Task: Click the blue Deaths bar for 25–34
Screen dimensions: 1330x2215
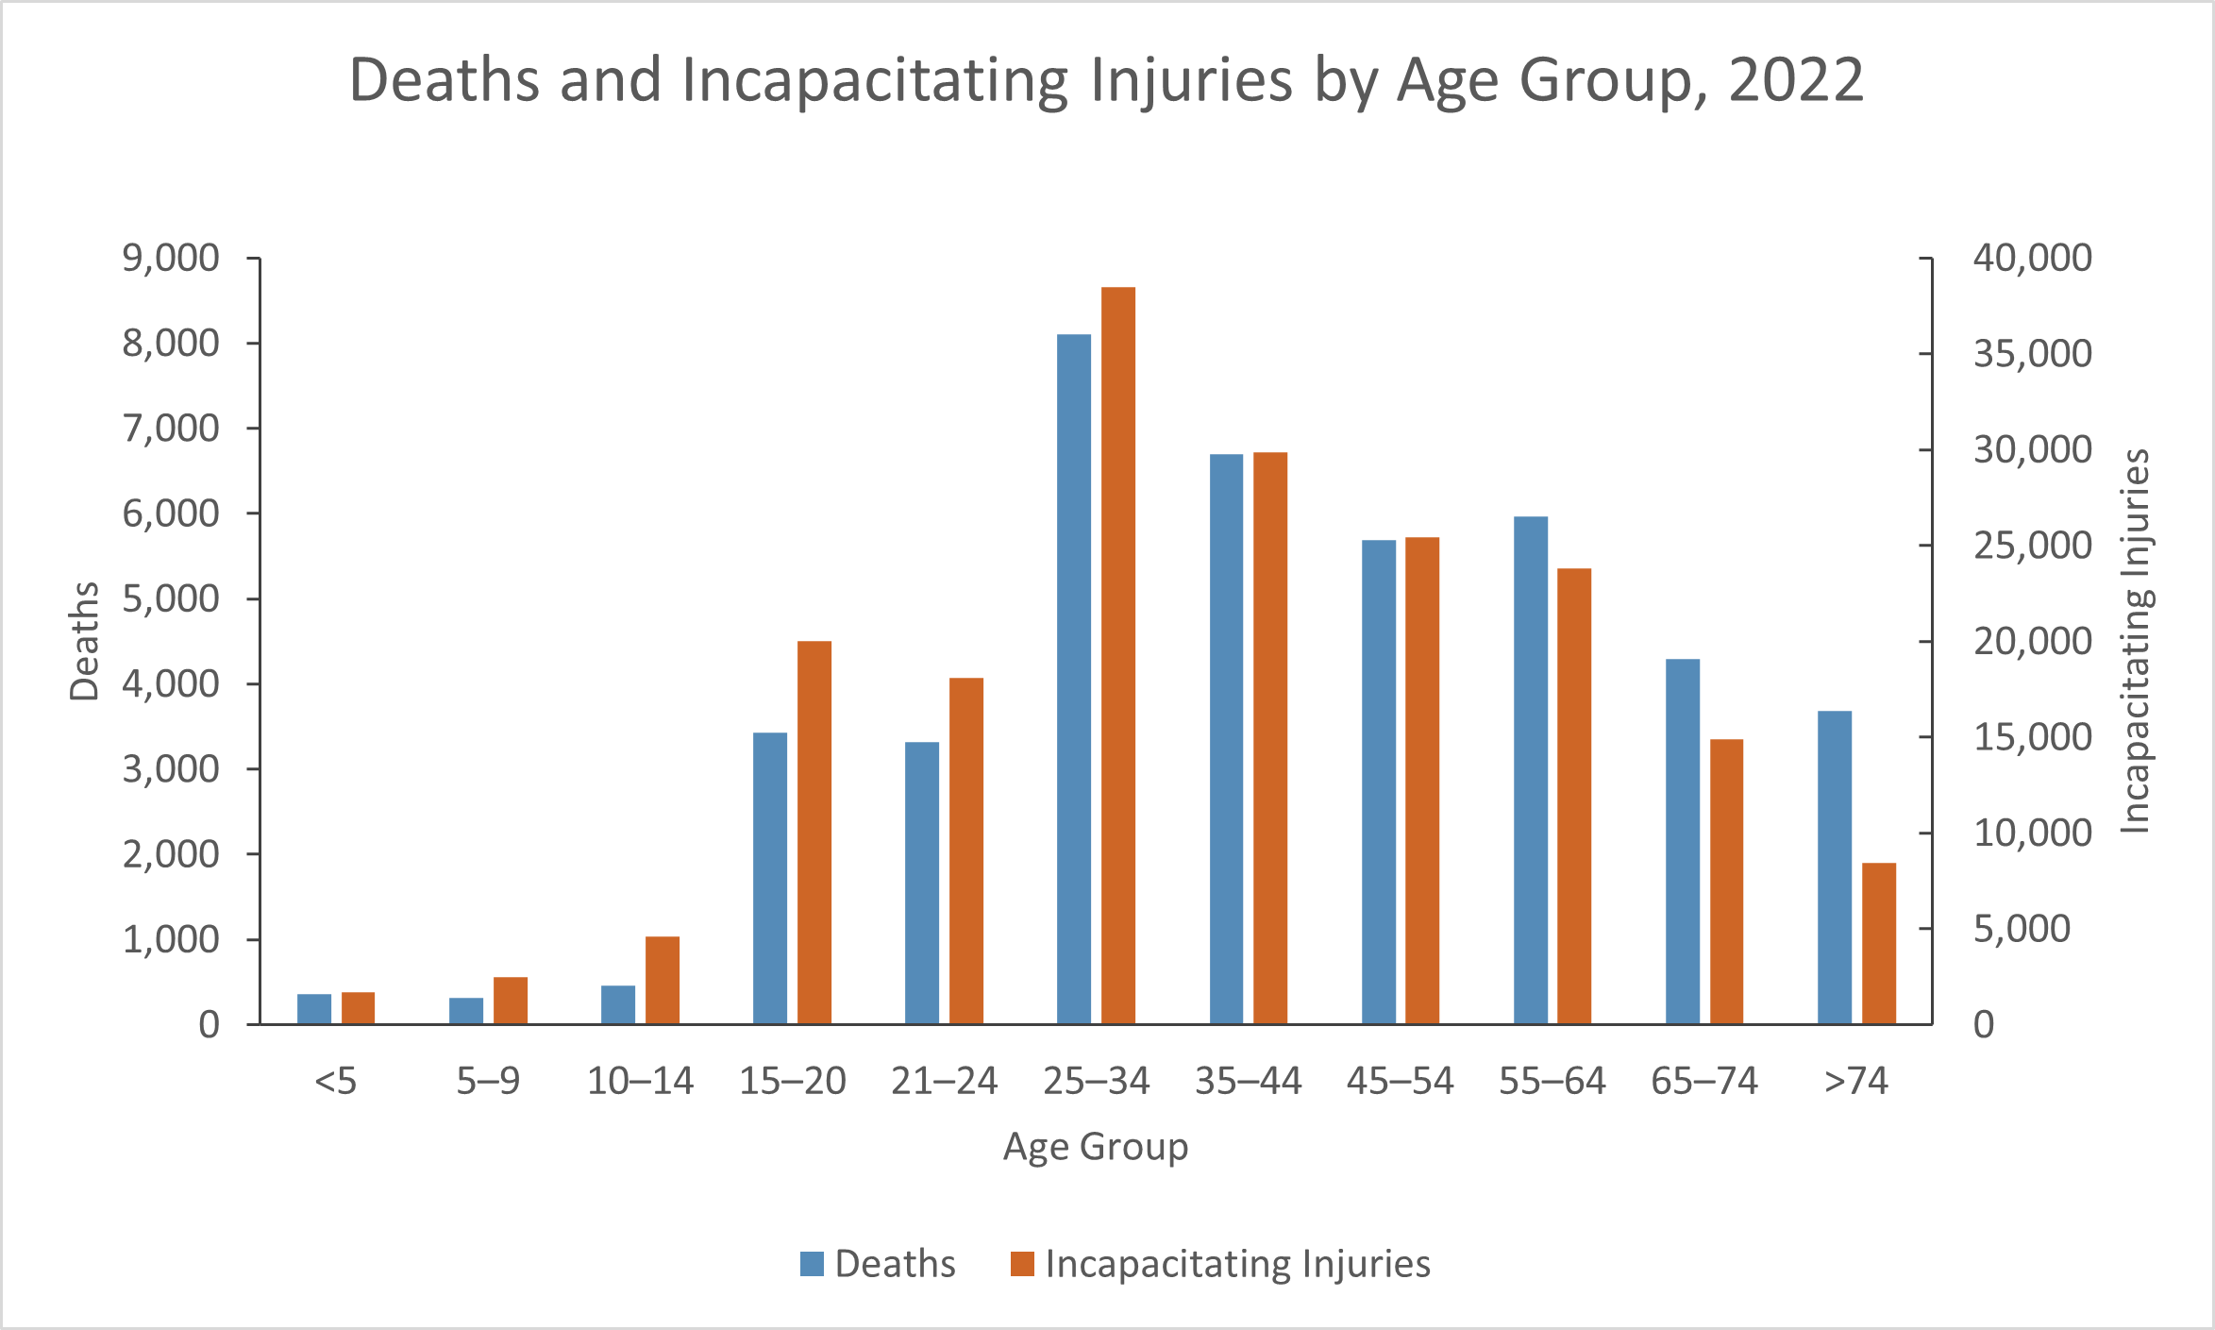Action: [x=1073, y=680]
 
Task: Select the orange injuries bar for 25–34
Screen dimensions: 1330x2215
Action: [x=1117, y=656]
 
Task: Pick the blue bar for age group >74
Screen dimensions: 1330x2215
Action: [x=1834, y=867]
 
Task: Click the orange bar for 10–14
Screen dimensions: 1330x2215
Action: [x=662, y=980]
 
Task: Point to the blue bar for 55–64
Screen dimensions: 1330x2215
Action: [x=1530, y=770]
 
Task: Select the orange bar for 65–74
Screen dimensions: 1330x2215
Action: [x=1726, y=882]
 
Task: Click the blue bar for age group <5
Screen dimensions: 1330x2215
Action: [x=314, y=1008]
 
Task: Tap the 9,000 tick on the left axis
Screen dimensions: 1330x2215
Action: [x=171, y=258]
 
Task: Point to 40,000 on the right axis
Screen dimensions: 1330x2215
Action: [x=2032, y=258]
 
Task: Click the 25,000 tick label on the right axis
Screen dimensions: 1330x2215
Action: [x=2032, y=546]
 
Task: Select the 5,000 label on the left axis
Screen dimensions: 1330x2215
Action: [x=171, y=598]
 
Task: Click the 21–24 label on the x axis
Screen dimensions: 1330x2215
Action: [x=944, y=1081]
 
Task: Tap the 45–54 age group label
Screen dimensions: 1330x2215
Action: [x=1400, y=1081]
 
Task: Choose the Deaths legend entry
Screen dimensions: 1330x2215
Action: [x=878, y=1264]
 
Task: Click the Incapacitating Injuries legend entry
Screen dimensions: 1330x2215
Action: [x=1220, y=1264]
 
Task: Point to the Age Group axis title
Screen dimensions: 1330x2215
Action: [x=1095, y=1147]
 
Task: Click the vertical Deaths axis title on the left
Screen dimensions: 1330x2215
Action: [x=85, y=641]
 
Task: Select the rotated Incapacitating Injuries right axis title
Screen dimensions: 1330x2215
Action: [x=2135, y=641]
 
